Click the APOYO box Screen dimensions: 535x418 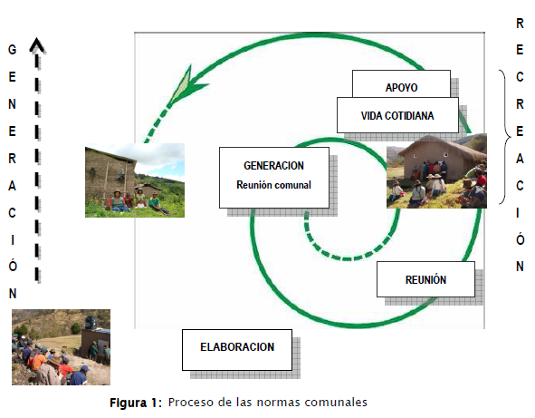coord(401,84)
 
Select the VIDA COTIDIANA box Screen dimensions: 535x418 coord(397,115)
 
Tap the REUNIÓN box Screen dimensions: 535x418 coord(425,279)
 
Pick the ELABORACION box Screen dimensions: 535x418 coord(237,350)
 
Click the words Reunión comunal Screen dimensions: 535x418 coord(273,185)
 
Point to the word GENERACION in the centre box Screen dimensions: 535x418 coord(273,165)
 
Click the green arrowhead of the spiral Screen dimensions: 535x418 coord(186,84)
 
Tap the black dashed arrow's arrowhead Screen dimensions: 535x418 coord(37,46)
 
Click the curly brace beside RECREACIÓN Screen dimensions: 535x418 coord(505,137)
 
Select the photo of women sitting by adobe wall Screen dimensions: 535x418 coord(135,180)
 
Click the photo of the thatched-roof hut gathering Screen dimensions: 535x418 coord(436,170)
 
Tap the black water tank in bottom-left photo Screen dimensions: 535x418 coord(91,323)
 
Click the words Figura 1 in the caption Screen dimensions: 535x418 coord(135,403)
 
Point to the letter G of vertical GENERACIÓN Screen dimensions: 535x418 coord(13,50)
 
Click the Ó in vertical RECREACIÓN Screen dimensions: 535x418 coord(520,238)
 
